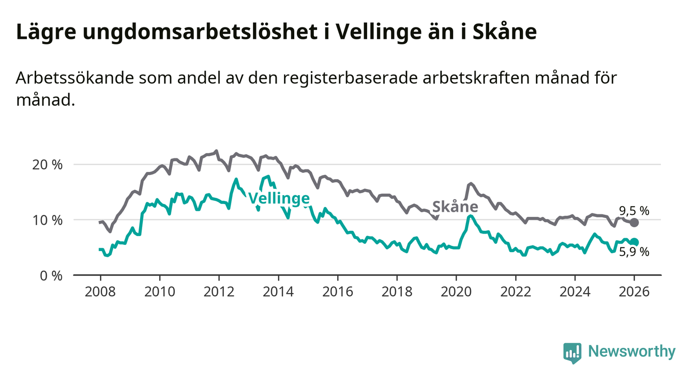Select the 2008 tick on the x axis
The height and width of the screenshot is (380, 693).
pos(99,291)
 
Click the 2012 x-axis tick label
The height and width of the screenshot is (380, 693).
pos(218,291)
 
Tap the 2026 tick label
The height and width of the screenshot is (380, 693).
pos(634,291)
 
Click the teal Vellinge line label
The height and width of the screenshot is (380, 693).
pos(279,198)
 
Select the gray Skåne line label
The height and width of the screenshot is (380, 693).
pos(455,207)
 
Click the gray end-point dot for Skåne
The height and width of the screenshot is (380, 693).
pos(635,223)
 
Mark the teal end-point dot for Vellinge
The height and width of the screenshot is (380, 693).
pos(635,242)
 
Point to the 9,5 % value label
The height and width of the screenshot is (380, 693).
pos(634,211)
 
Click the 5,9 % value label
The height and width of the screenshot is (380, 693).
pos(634,253)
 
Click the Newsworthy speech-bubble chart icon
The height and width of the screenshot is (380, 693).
pos(572,353)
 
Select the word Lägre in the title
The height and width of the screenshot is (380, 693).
pos(43,32)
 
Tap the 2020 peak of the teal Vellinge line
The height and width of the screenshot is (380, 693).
pos(469,215)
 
